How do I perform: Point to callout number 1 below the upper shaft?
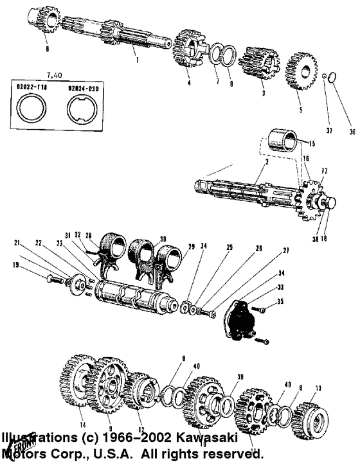pos(136,60)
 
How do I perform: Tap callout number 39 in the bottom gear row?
pos(240,377)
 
